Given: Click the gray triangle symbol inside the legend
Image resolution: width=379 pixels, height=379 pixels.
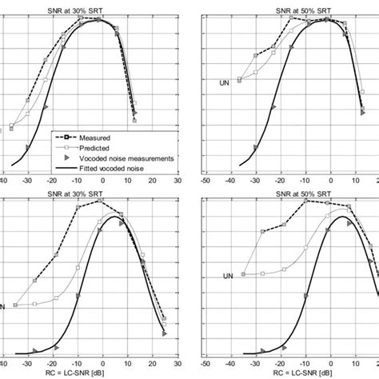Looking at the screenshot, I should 66,158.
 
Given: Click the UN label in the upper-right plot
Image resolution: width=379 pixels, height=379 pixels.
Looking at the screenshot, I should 225,81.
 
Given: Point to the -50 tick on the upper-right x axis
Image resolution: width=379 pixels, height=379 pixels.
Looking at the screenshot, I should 206,180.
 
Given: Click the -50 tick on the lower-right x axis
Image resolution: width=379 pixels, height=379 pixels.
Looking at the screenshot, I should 206,363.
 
